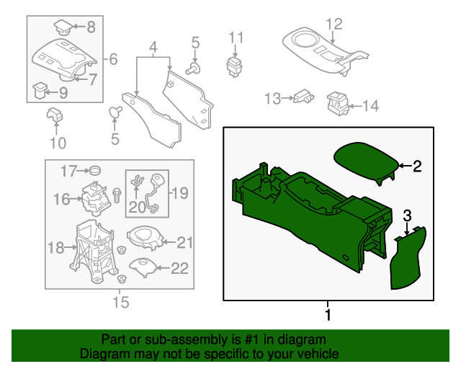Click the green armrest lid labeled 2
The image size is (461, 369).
[x=365, y=162]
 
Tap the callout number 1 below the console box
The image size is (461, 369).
[x=328, y=315]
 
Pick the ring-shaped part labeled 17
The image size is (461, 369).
[x=92, y=171]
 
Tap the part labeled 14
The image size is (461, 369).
[x=337, y=103]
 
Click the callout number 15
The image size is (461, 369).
[x=122, y=303]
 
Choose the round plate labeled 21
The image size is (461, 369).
[x=146, y=239]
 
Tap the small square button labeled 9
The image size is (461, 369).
[x=42, y=91]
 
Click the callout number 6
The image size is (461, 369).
[x=113, y=58]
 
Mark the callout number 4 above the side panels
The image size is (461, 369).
[x=153, y=49]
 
